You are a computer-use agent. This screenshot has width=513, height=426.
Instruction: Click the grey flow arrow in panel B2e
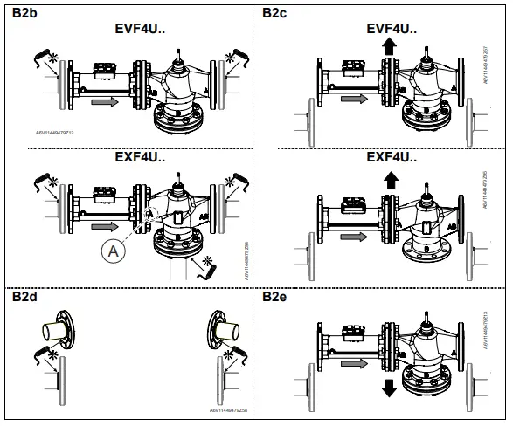351,362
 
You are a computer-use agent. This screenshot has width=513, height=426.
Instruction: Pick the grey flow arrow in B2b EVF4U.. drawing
102,102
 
